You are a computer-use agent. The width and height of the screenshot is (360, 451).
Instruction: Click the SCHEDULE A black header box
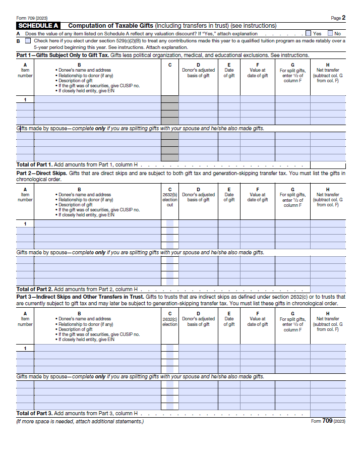[38, 26]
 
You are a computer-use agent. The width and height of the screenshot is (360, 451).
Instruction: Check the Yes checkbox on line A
[309, 33]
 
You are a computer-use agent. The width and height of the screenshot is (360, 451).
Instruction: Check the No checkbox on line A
[330, 33]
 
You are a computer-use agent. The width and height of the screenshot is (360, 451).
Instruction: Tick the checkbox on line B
[28, 40]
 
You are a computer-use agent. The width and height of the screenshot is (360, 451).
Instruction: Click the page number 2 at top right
[343, 18]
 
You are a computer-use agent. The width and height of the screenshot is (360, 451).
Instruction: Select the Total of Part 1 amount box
[328, 164]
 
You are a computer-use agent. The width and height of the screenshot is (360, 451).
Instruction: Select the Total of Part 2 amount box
[328, 289]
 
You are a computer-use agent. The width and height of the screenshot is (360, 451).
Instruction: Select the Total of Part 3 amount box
[328, 414]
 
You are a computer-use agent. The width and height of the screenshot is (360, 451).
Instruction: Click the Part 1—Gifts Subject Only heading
[63, 55]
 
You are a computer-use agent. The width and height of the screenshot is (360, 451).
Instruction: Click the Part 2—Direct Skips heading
[41, 173]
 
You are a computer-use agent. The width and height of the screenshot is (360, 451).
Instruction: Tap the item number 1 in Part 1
[25, 99]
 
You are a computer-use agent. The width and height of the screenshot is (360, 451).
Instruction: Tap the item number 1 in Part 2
[25, 223]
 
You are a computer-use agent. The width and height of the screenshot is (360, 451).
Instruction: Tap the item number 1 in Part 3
[25, 348]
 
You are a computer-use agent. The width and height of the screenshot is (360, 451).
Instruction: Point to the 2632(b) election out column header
[170, 200]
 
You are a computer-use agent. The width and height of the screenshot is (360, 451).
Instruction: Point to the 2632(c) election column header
[170, 321]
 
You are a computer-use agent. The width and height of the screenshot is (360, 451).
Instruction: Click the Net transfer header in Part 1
[328, 73]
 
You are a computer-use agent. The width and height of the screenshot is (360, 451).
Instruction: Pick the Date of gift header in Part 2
[229, 197]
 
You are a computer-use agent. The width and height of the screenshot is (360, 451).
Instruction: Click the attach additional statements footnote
[80, 421]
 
